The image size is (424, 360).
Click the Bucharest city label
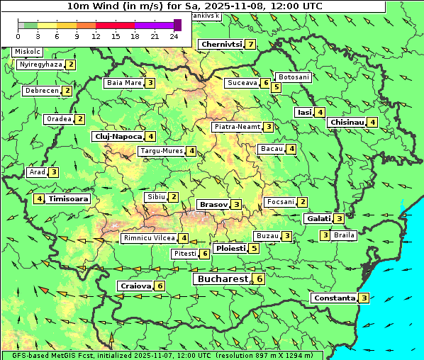pyautogui.click(x=222, y=279)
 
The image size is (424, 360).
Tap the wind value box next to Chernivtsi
pyautogui.click(x=251, y=45)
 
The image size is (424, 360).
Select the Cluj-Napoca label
pyautogui.click(x=118, y=136)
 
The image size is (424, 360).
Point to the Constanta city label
pyautogui.click(x=333, y=298)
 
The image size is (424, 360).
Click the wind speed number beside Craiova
pyautogui.click(x=160, y=286)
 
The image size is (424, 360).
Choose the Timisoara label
pyautogui.click(x=69, y=199)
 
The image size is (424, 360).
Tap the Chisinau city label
pyautogui.click(x=347, y=122)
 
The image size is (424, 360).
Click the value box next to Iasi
pyautogui.click(x=320, y=112)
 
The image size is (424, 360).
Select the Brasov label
pyautogui.click(x=213, y=204)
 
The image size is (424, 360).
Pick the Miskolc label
pyautogui.click(x=28, y=52)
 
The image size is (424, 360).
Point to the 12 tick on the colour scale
pyautogui.click(x=96, y=36)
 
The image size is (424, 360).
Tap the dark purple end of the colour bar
pyautogui.click(x=177, y=25)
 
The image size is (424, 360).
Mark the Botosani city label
pyautogui.click(x=294, y=77)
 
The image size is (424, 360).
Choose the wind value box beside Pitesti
pyautogui.click(x=205, y=253)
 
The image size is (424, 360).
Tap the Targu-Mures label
pyautogui.click(x=162, y=151)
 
